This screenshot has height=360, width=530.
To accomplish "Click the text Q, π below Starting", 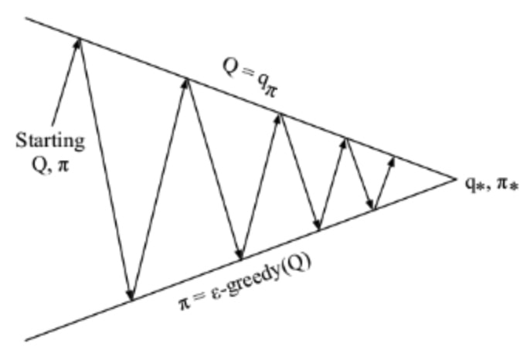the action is pos(51,165).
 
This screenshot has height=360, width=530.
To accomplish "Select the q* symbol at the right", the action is pos(474,185).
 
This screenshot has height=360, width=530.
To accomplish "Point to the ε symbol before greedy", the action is pos(216,293).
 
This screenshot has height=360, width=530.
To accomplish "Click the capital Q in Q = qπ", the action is pos(230,66).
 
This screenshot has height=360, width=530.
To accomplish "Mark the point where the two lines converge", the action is pos(455,178).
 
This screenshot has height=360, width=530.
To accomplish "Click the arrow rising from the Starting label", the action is pos(66,82).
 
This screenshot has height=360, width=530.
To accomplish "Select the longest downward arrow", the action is pos(105,169).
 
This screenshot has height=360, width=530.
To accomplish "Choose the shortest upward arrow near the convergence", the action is pos(384,183).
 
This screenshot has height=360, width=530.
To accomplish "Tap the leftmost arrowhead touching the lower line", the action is pos(130,295).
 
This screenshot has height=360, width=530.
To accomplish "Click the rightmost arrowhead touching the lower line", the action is pos(371,205).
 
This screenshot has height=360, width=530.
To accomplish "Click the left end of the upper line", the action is pos(26,18).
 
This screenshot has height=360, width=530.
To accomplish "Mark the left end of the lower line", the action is pos(26,339).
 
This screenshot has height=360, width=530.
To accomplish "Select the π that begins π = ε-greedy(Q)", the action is pos(184,304).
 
